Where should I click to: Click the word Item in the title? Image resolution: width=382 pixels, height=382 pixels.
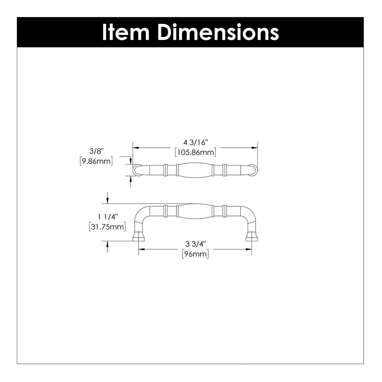click(x=125, y=32)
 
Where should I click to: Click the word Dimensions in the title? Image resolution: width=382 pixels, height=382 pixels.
click(x=218, y=32)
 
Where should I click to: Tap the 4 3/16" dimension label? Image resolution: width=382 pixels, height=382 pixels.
click(x=195, y=143)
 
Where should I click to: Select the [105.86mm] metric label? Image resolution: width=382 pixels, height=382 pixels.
click(x=195, y=152)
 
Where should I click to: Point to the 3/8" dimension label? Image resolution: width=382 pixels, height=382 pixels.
click(x=96, y=151)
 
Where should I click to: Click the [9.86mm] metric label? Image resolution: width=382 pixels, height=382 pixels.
click(x=96, y=161)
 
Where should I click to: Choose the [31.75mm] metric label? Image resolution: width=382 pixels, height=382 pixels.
click(x=107, y=226)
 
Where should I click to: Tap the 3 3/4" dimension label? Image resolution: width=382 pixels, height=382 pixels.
click(x=195, y=244)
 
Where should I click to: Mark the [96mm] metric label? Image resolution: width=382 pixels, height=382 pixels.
click(x=195, y=254)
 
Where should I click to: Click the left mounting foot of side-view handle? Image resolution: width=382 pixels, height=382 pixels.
click(x=138, y=237)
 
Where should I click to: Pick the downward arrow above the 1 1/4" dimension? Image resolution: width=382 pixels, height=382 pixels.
click(x=107, y=201)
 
